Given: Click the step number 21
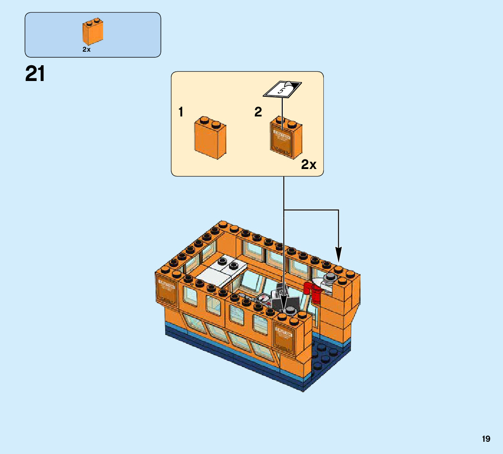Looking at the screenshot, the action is click(x=35, y=74).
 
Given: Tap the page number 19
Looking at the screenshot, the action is click(x=486, y=439).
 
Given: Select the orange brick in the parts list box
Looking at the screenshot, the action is click(x=93, y=32).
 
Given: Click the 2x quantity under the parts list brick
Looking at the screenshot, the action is click(x=86, y=50).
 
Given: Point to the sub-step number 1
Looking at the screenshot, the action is click(x=180, y=112).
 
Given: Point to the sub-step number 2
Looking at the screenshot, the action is click(x=258, y=112).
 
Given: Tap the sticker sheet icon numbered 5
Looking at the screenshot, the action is click(x=282, y=89).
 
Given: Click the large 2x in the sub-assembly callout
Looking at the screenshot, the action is click(x=309, y=165).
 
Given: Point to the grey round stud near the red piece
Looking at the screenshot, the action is click(x=330, y=277).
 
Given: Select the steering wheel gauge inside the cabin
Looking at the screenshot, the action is click(x=264, y=299).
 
